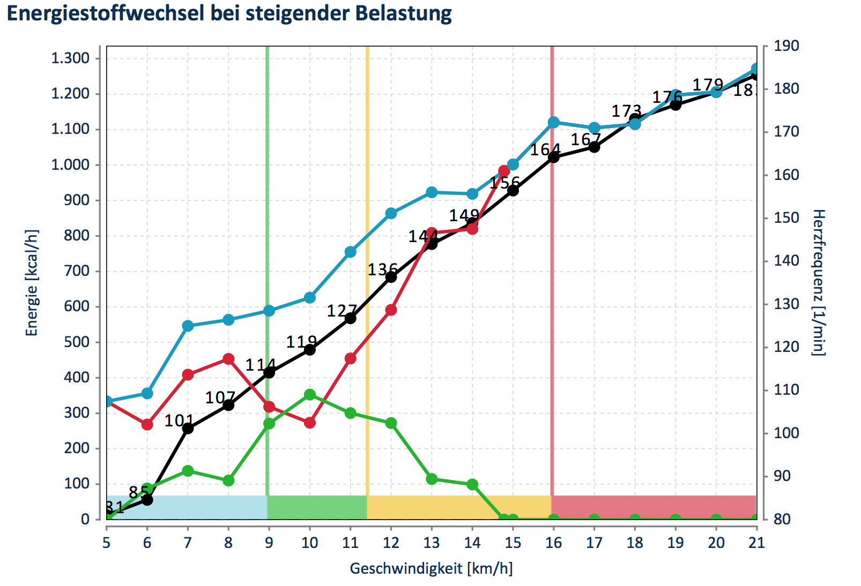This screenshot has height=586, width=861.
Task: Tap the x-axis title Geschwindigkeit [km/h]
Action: click(x=431, y=568)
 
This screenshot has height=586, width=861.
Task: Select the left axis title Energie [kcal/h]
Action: click(x=32, y=283)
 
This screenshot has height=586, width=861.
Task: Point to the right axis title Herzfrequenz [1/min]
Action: click(x=818, y=283)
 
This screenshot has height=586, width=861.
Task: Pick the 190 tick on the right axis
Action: click(x=786, y=46)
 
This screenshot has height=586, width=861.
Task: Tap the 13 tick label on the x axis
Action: click(x=432, y=543)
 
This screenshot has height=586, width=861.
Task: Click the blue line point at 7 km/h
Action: click(x=188, y=326)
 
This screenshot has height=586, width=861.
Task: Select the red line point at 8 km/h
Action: click(x=228, y=358)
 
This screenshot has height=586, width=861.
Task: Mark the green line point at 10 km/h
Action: click(x=310, y=395)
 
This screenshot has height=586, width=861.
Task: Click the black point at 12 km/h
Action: click(x=391, y=277)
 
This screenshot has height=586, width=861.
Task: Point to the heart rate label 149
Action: click(x=464, y=215)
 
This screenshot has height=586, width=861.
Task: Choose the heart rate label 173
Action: click(x=626, y=111)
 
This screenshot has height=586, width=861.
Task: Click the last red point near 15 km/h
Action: click(x=504, y=171)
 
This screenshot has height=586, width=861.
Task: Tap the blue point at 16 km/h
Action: click(x=554, y=123)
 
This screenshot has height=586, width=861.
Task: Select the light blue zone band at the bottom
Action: click(x=188, y=507)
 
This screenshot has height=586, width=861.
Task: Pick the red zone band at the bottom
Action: click(x=654, y=507)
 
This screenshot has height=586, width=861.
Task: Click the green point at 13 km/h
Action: click(x=432, y=479)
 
